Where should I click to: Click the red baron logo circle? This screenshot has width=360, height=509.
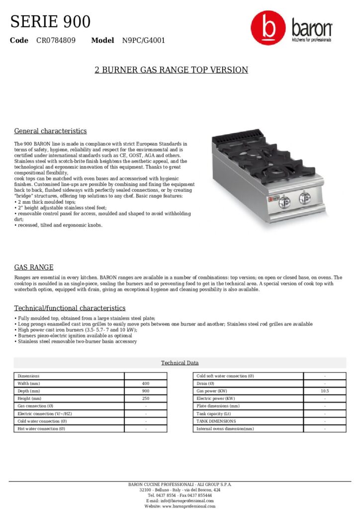click(269, 29)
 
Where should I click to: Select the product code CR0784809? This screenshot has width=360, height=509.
click(56, 40)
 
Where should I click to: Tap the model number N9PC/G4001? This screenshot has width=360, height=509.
click(144, 40)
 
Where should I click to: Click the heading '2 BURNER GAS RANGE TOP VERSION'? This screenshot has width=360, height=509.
click(171, 70)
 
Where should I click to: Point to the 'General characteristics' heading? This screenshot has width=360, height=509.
click(50, 131)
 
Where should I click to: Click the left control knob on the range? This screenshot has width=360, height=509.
click(284, 201)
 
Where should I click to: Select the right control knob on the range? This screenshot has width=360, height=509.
click(303, 199)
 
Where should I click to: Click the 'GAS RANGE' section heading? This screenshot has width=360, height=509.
click(33, 267)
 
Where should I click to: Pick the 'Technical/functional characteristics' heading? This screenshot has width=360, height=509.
click(70, 308)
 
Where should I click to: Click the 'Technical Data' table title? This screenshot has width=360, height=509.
click(180, 363)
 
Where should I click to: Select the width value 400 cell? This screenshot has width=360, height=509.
click(146, 384)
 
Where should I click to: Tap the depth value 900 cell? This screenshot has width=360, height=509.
click(146, 391)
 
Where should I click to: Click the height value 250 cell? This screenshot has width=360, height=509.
click(146, 399)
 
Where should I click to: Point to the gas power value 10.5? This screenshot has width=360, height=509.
click(325, 391)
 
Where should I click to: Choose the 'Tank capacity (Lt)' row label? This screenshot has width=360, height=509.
click(214, 414)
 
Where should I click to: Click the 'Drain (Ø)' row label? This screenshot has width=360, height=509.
click(205, 384)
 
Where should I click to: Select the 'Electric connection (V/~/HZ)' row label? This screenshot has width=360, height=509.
click(45, 414)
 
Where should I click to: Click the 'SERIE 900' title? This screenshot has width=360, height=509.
click(50, 22)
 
